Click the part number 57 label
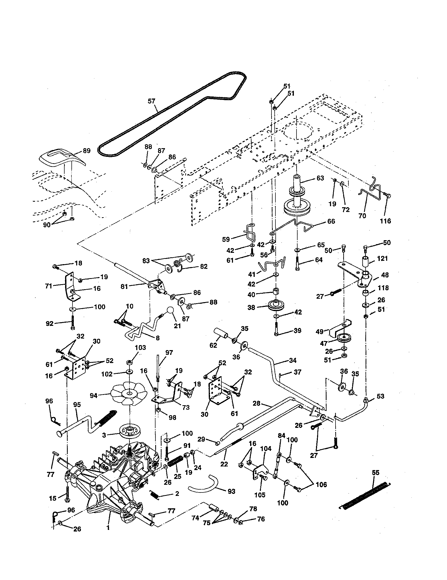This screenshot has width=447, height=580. pos(151,101)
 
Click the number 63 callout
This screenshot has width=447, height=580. pos(320,178)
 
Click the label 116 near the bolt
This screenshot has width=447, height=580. pos(385,221)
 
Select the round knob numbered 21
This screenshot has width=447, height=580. pos(170,311)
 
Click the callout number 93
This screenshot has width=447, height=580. pos(231,492)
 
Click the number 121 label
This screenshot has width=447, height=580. pos(382,258)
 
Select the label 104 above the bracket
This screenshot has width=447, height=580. pos(266,448)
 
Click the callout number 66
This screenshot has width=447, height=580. pos(331,221)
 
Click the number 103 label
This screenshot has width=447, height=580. pos(140,348)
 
